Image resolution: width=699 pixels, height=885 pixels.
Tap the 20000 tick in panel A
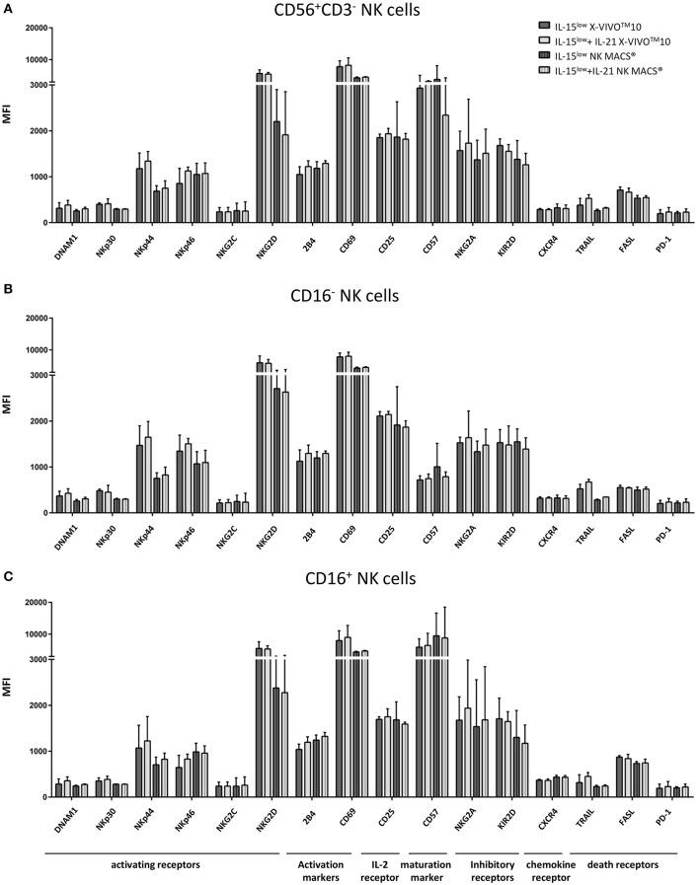pos(34,28)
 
